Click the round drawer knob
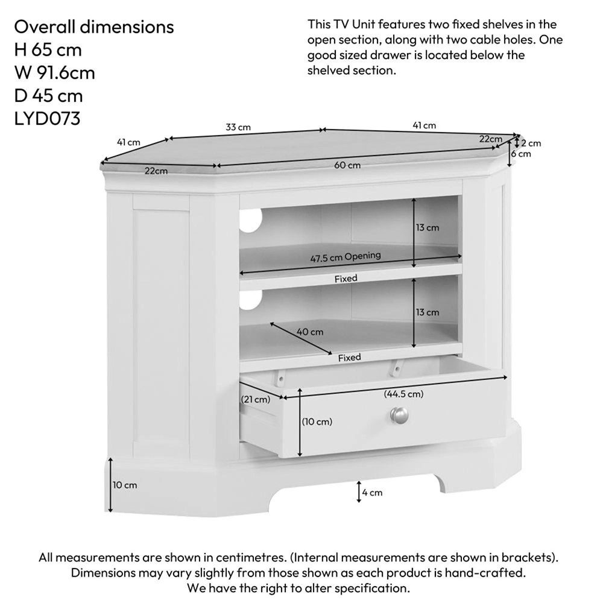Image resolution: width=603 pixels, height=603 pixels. [x=400, y=415]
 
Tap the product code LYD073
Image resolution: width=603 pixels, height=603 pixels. [x=47, y=118]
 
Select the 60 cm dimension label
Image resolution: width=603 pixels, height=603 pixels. [x=347, y=165]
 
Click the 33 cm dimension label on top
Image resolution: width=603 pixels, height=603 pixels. [x=238, y=127]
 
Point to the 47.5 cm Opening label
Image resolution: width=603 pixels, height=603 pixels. [x=346, y=257]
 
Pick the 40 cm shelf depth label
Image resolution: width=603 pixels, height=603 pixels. [x=310, y=332]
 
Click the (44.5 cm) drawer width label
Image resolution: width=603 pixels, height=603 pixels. [x=403, y=394]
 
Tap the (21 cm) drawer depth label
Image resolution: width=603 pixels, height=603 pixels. [x=256, y=399]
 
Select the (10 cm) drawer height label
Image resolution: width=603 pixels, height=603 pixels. [x=317, y=421]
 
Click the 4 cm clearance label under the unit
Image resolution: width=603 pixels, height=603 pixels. [x=372, y=493]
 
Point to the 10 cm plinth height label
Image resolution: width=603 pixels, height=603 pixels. [x=125, y=485]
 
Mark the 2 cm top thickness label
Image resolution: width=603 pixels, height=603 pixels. [x=531, y=144]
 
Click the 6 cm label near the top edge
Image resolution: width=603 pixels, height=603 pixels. [x=521, y=154]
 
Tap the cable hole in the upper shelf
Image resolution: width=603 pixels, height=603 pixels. [x=250, y=220]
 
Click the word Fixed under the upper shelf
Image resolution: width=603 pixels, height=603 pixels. [x=346, y=279]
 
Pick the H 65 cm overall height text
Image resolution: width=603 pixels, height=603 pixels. [x=48, y=50]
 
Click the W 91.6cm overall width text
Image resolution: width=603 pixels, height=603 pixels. [x=55, y=73]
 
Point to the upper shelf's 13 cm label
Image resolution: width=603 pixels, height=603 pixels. [x=428, y=228]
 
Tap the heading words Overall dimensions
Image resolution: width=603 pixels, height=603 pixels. [x=94, y=27]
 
